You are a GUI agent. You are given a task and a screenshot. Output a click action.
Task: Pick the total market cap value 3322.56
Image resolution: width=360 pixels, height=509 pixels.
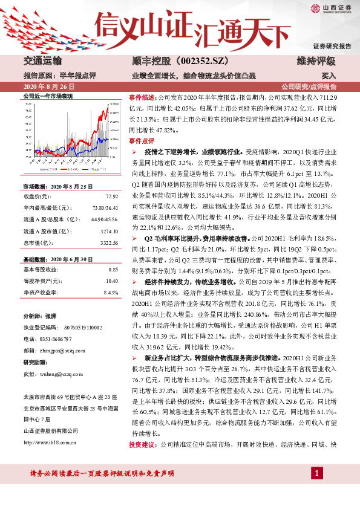[x=109, y=242]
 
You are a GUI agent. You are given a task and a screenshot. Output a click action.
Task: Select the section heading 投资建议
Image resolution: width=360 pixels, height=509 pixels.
[x=142, y=461]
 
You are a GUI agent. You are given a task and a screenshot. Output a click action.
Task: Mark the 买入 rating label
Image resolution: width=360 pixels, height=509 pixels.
[x=329, y=77]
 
